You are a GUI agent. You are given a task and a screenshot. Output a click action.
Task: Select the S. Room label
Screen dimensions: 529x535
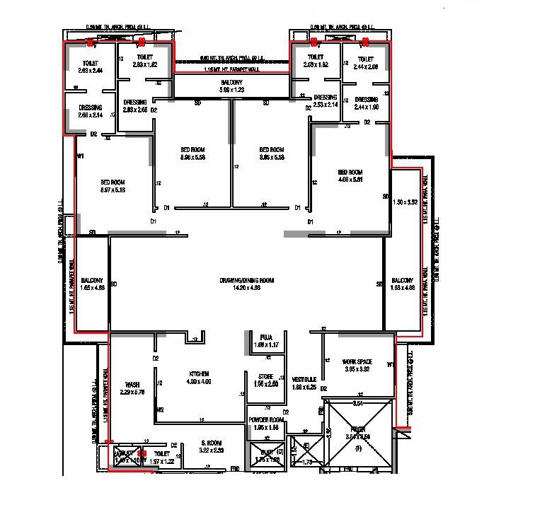tap(211, 446)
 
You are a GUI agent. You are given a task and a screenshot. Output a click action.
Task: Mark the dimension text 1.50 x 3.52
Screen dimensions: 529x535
tap(405, 202)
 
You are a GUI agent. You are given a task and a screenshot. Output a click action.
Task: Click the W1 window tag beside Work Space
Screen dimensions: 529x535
tap(390, 365)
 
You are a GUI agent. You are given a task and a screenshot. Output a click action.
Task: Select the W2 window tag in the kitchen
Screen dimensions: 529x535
tap(161, 409)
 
